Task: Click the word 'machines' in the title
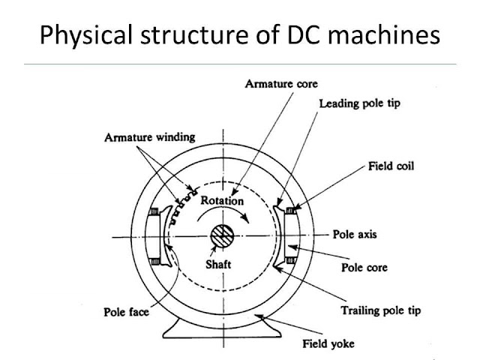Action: pos(391,36)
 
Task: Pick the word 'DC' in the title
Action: pos(304,36)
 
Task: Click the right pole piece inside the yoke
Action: pos(288,234)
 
